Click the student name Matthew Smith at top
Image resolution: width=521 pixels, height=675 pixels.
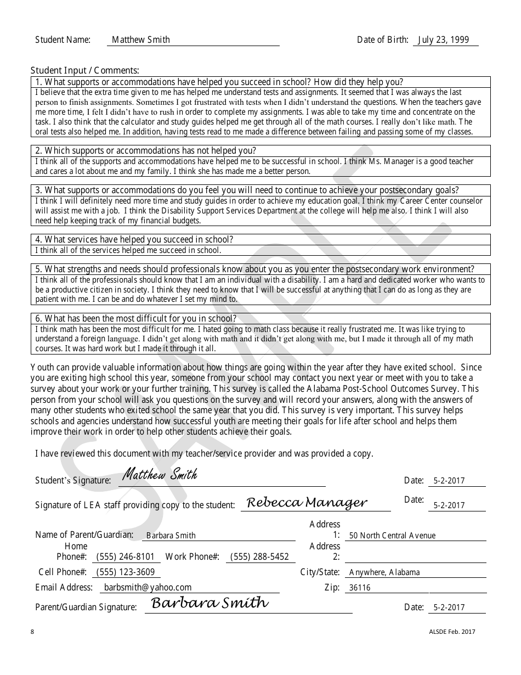[141, 40]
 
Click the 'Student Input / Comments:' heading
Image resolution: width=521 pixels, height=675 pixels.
[85, 70]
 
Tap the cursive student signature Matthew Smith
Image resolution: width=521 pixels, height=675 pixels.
[160, 474]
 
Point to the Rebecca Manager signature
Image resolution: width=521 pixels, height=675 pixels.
[307, 502]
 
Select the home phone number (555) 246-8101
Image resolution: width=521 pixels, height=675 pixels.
[125, 556]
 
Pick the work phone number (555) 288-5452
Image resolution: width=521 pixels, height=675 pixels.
[259, 556]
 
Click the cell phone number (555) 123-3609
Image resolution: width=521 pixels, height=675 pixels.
[126, 572]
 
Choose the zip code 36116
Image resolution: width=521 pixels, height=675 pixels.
[360, 588]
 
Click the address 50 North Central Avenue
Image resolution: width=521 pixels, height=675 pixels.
[392, 536]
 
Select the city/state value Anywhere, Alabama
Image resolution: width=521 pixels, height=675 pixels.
[384, 572]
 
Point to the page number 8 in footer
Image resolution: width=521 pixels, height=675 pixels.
[32, 632]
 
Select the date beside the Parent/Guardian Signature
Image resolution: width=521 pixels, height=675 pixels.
[449, 607]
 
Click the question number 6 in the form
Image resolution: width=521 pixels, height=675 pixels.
[38, 319]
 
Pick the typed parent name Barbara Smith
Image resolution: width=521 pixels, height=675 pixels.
[171, 536]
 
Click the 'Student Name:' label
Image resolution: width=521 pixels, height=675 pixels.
[63, 40]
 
